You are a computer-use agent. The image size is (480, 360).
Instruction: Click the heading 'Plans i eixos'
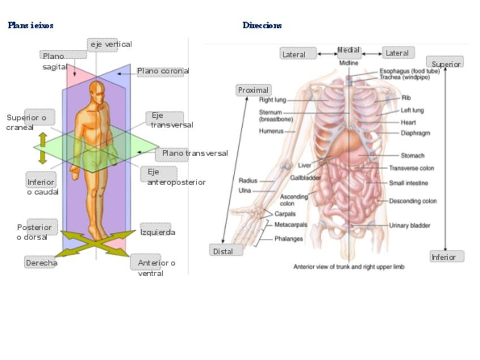click(x=31, y=25)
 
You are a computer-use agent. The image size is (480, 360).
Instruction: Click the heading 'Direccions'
click(x=262, y=25)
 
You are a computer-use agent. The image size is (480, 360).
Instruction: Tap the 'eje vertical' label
click(x=110, y=44)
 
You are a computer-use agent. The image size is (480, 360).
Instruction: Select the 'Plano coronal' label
click(x=162, y=71)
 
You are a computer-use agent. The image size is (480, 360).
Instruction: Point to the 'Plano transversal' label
click(x=195, y=153)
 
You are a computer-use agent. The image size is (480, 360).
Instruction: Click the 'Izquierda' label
click(x=157, y=232)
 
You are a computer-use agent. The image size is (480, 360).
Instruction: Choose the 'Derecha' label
click(x=41, y=263)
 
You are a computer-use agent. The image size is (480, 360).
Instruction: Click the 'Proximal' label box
click(x=254, y=90)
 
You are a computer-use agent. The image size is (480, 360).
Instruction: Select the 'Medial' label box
click(x=349, y=50)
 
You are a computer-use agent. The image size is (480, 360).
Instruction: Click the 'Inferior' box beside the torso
click(x=447, y=257)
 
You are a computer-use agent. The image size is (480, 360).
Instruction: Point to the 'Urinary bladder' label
click(x=409, y=225)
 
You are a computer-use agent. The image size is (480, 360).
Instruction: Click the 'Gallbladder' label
click(x=306, y=178)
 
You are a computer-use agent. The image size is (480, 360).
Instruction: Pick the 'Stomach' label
click(x=412, y=156)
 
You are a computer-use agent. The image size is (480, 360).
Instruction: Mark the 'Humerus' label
click(x=271, y=131)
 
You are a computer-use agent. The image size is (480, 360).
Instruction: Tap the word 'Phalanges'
click(x=288, y=239)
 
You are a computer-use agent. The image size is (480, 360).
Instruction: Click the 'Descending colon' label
click(x=413, y=201)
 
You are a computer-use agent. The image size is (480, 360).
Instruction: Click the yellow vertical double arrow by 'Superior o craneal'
click(x=42, y=148)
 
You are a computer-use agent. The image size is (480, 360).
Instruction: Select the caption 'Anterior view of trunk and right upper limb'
click(x=349, y=267)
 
